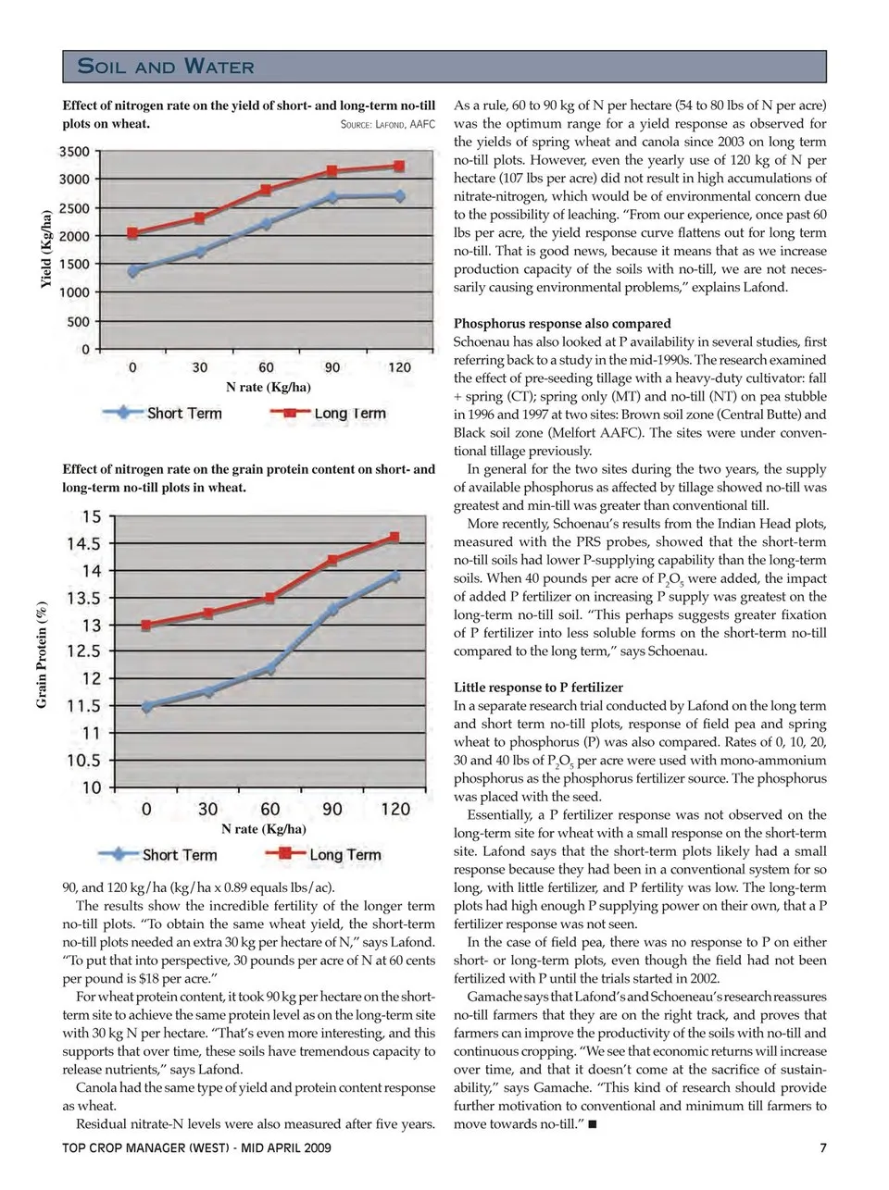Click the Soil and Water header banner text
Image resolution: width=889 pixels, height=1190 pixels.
pos(166,66)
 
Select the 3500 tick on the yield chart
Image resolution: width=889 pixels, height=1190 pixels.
pos(75,151)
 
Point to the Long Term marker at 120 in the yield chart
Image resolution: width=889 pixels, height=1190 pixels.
pos(399,167)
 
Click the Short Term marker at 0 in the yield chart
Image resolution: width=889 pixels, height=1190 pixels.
pos(133,271)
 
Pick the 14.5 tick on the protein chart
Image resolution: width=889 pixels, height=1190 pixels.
pos(83,543)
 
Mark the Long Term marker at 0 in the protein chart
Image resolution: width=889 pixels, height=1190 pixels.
pos(145,626)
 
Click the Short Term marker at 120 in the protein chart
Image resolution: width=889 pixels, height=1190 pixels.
pos(395,576)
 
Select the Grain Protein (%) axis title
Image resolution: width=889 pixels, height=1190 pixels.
pos(42,656)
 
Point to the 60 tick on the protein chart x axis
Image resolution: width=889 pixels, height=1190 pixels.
pos(269,809)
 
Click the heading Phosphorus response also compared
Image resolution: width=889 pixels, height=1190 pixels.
pos(562,324)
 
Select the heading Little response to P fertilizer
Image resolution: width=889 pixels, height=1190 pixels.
pos(538,688)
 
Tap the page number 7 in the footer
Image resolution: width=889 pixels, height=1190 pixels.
pos(823,1149)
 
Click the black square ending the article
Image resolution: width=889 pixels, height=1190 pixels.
pos(592,1124)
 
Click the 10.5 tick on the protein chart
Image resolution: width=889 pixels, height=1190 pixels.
pos(83,761)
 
